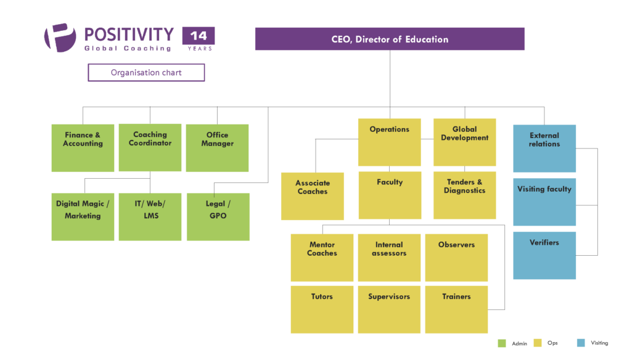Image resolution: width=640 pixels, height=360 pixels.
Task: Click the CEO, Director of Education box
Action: (x=390, y=39)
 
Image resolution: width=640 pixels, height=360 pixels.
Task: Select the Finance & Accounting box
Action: (x=83, y=148)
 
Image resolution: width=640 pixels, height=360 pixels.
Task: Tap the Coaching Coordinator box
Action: (x=150, y=147)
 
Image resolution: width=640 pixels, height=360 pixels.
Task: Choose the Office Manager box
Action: (x=217, y=148)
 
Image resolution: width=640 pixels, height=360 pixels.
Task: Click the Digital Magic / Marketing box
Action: (x=83, y=216)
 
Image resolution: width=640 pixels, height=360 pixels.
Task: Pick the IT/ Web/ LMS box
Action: (x=150, y=216)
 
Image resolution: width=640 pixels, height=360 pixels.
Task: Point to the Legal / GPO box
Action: (x=218, y=216)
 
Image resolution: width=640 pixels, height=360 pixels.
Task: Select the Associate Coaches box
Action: (x=312, y=196)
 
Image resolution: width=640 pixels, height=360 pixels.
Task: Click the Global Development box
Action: (x=464, y=142)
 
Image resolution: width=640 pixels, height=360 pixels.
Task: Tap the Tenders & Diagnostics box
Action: (x=464, y=195)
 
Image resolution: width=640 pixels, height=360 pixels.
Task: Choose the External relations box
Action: (x=544, y=148)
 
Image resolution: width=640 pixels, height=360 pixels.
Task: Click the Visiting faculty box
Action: (x=544, y=202)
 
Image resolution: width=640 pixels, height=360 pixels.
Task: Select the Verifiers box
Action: (x=544, y=255)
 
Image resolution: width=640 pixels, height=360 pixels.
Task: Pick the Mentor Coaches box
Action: (x=322, y=258)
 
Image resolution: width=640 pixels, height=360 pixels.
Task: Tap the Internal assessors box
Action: (x=389, y=258)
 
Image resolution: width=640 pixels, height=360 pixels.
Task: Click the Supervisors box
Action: (x=389, y=309)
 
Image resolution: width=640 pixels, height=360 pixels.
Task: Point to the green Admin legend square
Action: (x=501, y=343)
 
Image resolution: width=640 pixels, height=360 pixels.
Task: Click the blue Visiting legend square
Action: (x=580, y=343)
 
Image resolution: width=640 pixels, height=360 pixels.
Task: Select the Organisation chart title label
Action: (x=146, y=73)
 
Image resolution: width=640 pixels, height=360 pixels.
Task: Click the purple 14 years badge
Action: (x=198, y=39)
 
